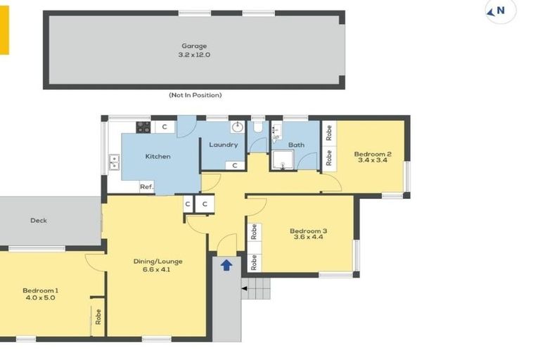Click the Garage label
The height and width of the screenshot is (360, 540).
click(x=195, y=46)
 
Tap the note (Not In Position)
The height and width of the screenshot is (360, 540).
click(x=195, y=95)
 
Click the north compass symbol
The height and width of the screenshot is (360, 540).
click(x=501, y=11)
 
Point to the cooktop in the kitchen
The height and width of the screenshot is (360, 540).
click(x=143, y=127)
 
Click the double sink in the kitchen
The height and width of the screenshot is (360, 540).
click(x=114, y=162)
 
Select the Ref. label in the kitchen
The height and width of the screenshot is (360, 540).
click(x=146, y=186)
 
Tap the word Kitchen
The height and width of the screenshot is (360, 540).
click(x=158, y=156)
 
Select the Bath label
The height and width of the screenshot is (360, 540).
click(x=296, y=145)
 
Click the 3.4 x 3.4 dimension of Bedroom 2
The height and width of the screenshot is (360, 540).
click(x=372, y=161)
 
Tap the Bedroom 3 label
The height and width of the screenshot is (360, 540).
click(x=308, y=231)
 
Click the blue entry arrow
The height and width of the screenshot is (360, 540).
click(x=226, y=265)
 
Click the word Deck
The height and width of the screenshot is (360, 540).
click(x=39, y=221)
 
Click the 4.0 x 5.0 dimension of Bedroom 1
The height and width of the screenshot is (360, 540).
click(x=40, y=297)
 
